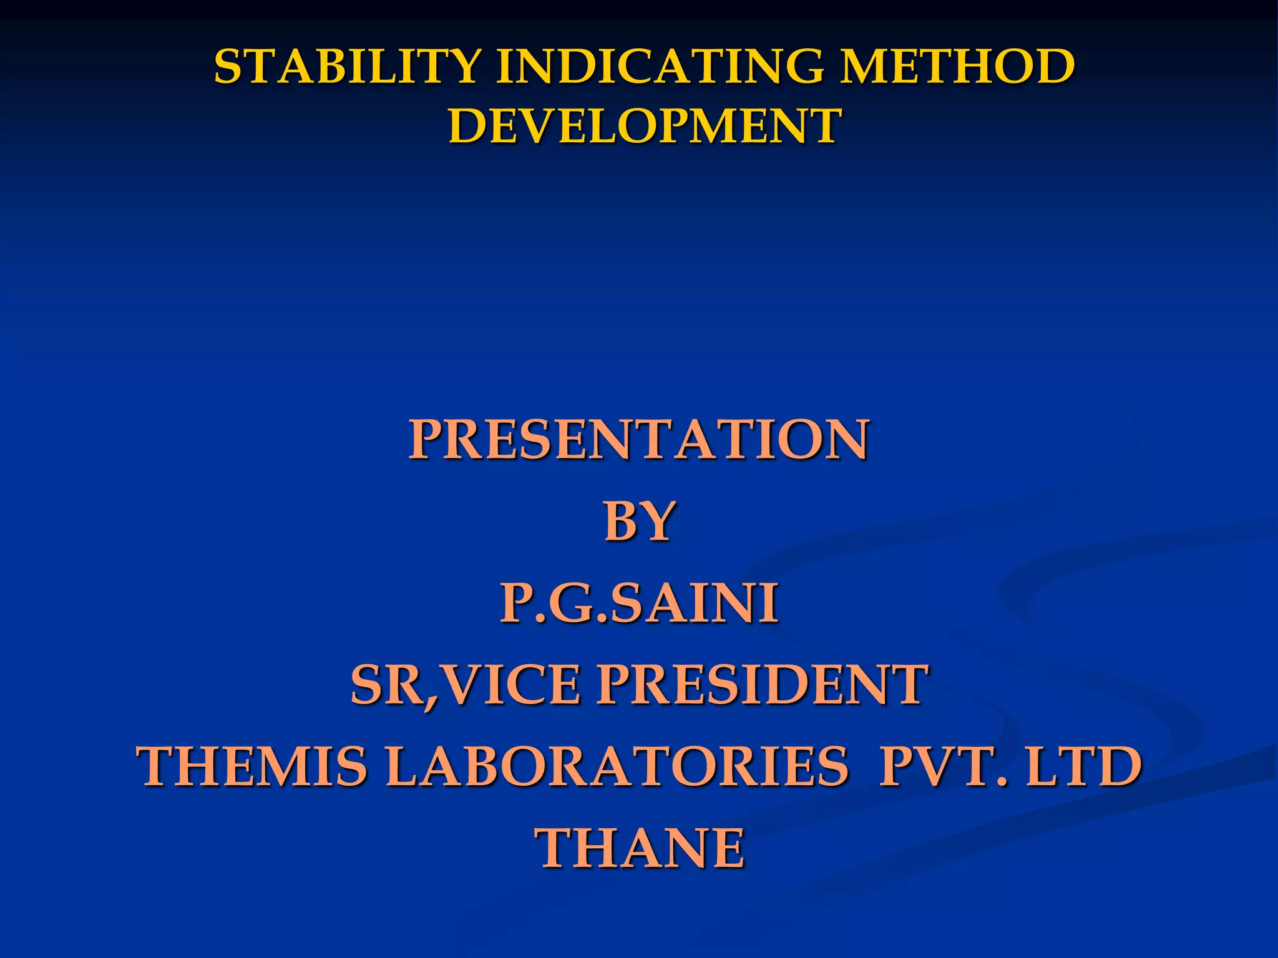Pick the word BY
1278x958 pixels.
639,521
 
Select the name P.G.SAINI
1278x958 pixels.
639,603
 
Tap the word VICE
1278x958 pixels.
513,685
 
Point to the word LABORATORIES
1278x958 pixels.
617,767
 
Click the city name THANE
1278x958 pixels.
641,848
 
